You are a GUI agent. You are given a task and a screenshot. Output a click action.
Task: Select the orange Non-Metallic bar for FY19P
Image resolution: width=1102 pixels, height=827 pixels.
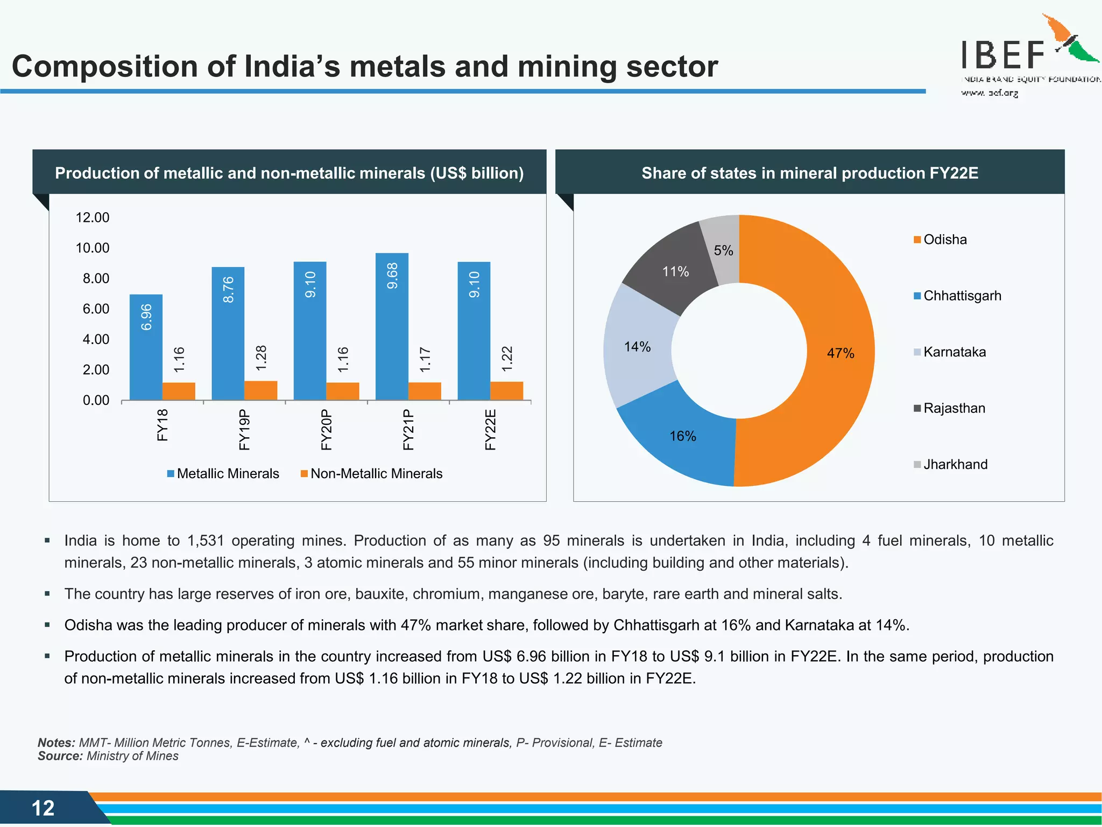261,390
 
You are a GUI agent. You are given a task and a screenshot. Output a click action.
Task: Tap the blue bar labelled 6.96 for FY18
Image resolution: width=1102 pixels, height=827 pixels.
146,350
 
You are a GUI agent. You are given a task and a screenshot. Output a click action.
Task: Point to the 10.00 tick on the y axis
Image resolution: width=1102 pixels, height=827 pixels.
93,248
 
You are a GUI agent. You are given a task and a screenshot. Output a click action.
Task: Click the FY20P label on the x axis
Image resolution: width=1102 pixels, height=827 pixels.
326,429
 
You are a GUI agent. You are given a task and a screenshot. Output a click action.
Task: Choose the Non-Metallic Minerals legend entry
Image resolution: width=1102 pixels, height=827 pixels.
372,474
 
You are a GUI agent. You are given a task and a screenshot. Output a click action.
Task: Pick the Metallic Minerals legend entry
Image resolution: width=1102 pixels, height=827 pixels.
223,474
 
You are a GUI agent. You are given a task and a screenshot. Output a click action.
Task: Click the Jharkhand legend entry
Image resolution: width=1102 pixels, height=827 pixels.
951,465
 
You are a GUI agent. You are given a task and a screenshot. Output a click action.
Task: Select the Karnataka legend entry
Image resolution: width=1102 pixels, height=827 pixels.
950,352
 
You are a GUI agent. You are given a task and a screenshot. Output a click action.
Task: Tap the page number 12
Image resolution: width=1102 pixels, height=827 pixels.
43,808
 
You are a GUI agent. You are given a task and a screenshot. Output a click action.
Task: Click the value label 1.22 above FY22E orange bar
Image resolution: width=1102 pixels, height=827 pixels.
507,359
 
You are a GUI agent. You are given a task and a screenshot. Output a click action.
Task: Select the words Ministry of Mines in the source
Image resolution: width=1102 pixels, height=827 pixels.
132,756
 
